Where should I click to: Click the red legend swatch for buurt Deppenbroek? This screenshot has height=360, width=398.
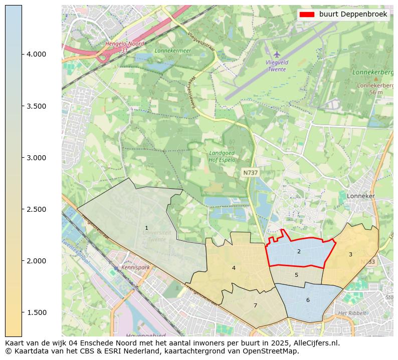click(x=306, y=15)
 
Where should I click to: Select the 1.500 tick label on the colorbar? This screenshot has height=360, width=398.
click(x=36, y=312)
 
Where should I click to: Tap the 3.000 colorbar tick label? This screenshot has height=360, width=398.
click(x=36, y=158)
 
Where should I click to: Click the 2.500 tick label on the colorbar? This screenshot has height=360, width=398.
click(x=36, y=209)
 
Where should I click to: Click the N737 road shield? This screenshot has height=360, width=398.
click(x=250, y=173)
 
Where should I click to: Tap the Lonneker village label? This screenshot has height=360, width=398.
click(x=360, y=196)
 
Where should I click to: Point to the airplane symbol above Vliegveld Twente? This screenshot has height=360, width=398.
click(x=277, y=54)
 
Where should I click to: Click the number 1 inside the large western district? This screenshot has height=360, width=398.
click(x=146, y=228)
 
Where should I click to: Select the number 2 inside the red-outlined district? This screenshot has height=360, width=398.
click(x=299, y=251)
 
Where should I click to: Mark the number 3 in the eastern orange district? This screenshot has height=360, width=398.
click(x=350, y=254)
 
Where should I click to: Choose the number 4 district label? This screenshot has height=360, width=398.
click(x=234, y=268)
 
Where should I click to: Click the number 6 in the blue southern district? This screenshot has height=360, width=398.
click(x=308, y=300)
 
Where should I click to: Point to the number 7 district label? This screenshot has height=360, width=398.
click(x=255, y=305)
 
